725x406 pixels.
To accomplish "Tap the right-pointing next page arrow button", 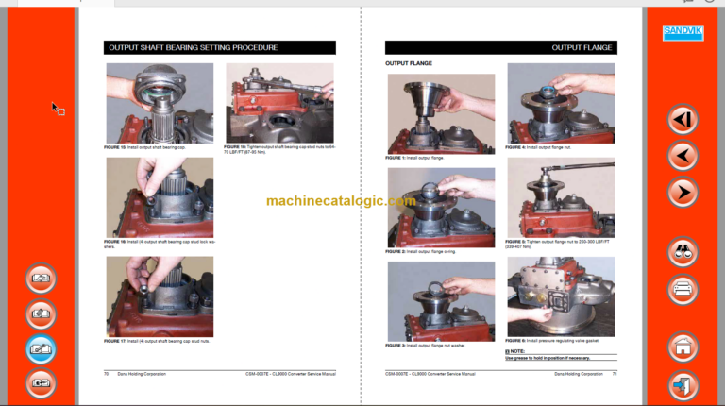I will tap(683, 193).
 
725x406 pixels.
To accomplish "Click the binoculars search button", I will tap(683, 252).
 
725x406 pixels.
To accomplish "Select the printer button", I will tap(683, 290).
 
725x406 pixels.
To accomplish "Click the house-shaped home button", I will tap(683, 347).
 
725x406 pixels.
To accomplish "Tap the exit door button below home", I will tap(683, 385).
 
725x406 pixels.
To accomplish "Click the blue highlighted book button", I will tap(41, 348).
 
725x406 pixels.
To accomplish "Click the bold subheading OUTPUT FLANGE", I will tap(409, 64).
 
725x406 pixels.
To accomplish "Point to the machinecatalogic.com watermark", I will tap(341, 201).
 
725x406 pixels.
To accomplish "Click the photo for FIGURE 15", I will tap(159, 103).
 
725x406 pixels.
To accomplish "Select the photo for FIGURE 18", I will tap(279, 103).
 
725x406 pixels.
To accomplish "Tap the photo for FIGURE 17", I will tap(159, 296).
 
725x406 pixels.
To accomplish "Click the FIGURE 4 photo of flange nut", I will tap(561, 103).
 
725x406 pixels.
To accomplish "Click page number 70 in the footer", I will tap(107, 375).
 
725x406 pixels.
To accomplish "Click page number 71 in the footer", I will tap(614, 375).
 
